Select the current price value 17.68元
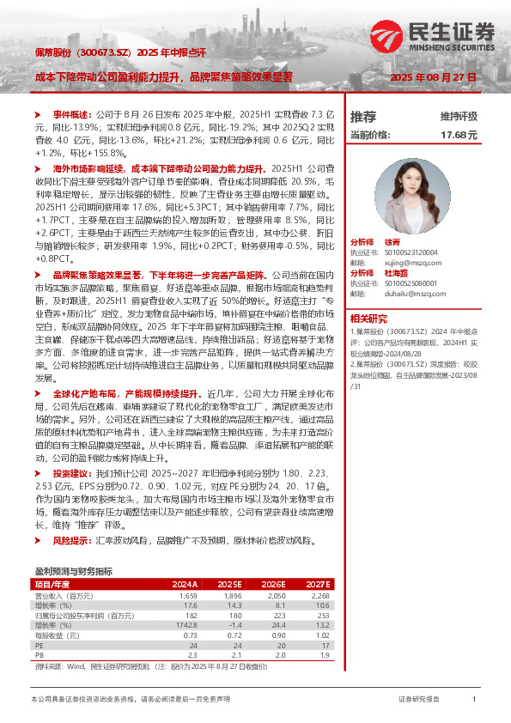pos(458,136)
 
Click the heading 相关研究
pos(368,319)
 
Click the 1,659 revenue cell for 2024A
pos(188,594)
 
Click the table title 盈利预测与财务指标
pos(72,571)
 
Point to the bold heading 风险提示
pos(70,542)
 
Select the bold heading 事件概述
pos(70,113)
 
